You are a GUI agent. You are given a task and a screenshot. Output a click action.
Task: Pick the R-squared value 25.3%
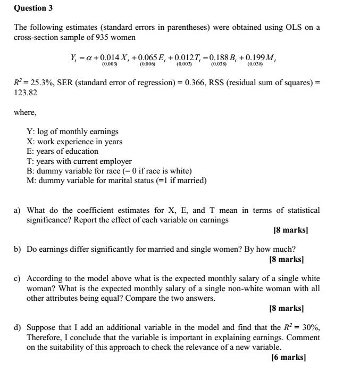tap(36, 84)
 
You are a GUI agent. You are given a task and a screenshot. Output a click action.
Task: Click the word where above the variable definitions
tap(25, 112)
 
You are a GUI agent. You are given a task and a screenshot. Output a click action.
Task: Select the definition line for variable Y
tap(72, 131)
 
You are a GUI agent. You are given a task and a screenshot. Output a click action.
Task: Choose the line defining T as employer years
tap(79, 161)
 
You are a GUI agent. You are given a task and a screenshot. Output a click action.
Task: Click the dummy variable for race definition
tap(108, 170)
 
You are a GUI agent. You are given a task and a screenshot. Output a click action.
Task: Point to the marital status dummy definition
tap(116, 180)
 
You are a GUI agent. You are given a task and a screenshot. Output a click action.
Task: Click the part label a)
tap(18, 210)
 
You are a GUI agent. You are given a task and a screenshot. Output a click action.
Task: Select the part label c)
tap(18, 278)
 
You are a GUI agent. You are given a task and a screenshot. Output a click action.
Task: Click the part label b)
tap(18, 249)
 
